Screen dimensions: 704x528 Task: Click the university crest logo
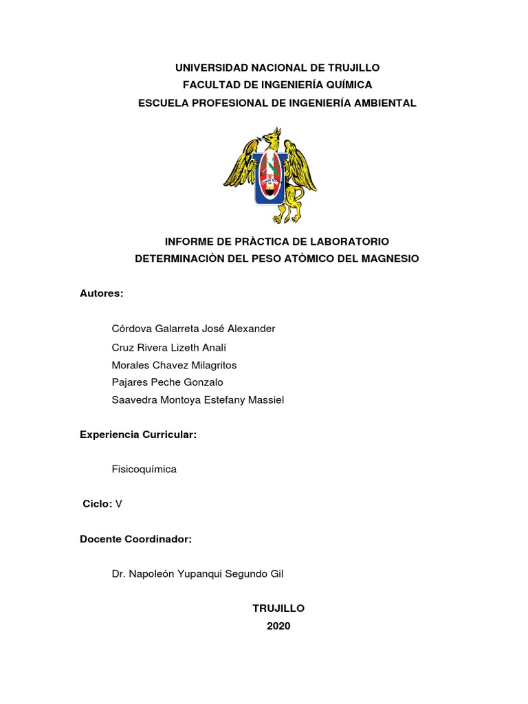pos(269,175)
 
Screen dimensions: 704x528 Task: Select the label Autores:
pos(102,294)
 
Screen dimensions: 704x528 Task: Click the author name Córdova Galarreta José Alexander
pos(193,329)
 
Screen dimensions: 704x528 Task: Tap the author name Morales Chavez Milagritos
pos(174,365)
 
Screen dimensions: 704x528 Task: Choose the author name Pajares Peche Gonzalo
pos(167,382)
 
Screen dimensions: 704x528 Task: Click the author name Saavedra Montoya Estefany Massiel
pos(197,400)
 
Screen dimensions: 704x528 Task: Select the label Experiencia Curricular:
pos(139,435)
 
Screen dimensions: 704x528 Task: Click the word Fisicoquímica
pos(144,469)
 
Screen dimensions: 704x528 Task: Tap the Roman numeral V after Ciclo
pos(119,504)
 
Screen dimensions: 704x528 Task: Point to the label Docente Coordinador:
pos(136,540)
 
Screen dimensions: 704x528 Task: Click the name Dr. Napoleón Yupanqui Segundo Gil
pos(197,573)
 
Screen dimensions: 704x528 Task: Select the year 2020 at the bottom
pos(278,626)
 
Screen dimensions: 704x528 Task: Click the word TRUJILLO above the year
pos(278,608)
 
